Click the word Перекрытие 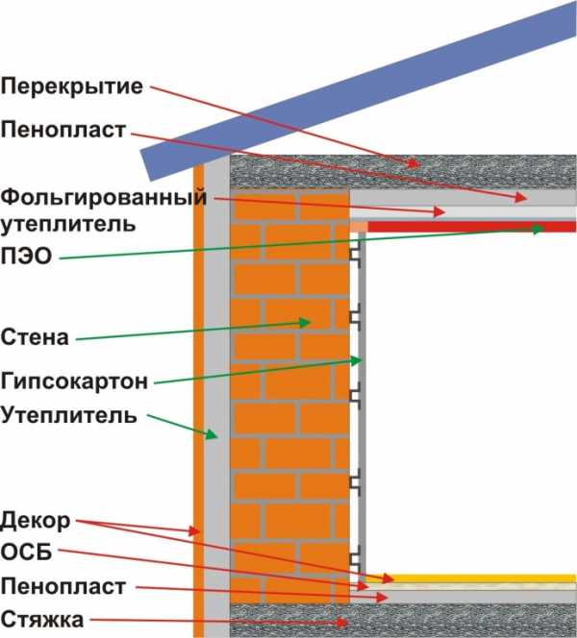[x=72, y=87]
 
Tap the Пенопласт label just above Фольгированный [x=63, y=130]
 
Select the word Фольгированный [x=104, y=198]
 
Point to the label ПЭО [x=27, y=256]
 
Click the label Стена [x=35, y=337]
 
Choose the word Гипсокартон [x=74, y=381]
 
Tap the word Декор [x=36, y=521]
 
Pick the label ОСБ [x=27, y=552]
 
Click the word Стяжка [x=42, y=620]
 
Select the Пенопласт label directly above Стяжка [x=63, y=587]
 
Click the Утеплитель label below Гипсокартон [x=68, y=415]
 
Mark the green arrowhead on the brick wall [x=306, y=323]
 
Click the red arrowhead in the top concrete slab [x=414, y=162]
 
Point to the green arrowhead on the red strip [x=539, y=229]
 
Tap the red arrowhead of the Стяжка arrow [x=341, y=623]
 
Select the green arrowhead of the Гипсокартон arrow [x=357, y=360]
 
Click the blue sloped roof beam [x=359, y=89]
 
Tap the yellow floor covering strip [x=470, y=578]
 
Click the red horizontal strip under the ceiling [x=472, y=227]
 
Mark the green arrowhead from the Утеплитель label [x=212, y=434]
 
